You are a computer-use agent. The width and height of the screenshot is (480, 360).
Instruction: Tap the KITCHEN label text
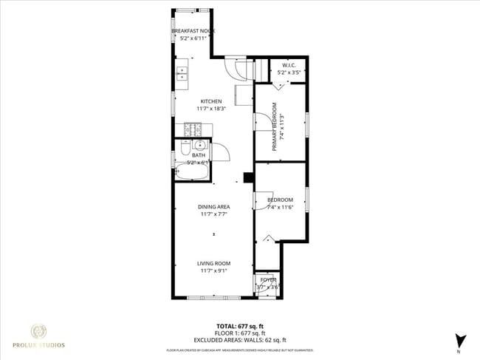(x=212, y=101)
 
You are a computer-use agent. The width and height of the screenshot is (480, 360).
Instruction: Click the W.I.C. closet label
(x=288, y=66)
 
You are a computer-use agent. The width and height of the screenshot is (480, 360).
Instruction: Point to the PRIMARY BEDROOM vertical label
(x=274, y=132)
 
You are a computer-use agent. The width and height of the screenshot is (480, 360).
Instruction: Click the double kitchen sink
(x=182, y=73)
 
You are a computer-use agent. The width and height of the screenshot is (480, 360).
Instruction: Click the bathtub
(x=192, y=172)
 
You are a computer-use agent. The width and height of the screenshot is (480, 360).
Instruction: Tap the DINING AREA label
(x=214, y=207)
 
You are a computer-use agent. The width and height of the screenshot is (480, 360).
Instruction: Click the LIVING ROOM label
(x=214, y=263)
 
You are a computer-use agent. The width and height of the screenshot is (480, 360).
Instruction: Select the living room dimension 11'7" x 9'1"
(x=214, y=271)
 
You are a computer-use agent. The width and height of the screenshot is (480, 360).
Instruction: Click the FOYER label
(x=267, y=279)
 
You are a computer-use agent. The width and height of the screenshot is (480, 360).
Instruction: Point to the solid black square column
(x=248, y=177)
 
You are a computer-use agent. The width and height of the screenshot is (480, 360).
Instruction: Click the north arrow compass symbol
(x=462, y=342)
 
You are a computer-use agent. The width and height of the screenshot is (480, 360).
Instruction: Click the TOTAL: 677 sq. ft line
(x=240, y=326)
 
